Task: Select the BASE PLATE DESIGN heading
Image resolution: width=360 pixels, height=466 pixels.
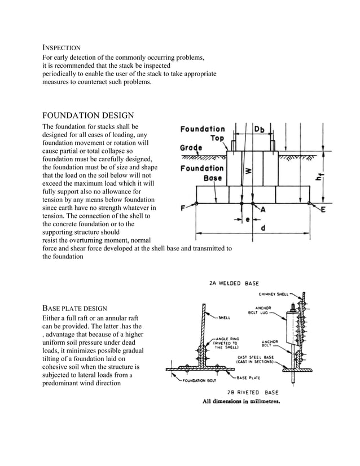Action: pyautogui.click(x=75, y=308)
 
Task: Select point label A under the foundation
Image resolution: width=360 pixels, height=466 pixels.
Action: pyautogui.click(x=262, y=209)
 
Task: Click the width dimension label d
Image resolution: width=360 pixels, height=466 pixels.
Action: pyautogui.click(x=262, y=228)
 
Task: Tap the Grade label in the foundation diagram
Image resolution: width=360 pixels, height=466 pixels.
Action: pyautogui.click(x=191, y=148)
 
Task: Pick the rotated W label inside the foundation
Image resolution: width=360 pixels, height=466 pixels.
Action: pyautogui.click(x=248, y=169)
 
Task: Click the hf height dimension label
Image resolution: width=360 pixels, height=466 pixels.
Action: pyautogui.click(x=319, y=179)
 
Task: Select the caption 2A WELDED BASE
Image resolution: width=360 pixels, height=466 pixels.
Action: pyautogui.click(x=234, y=283)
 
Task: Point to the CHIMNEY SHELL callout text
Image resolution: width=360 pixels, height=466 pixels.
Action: pyautogui.click(x=275, y=293)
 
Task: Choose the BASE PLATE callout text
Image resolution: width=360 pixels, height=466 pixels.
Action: pyautogui.click(x=248, y=377)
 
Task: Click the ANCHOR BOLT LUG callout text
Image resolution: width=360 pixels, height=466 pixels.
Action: pyautogui.click(x=261, y=310)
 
